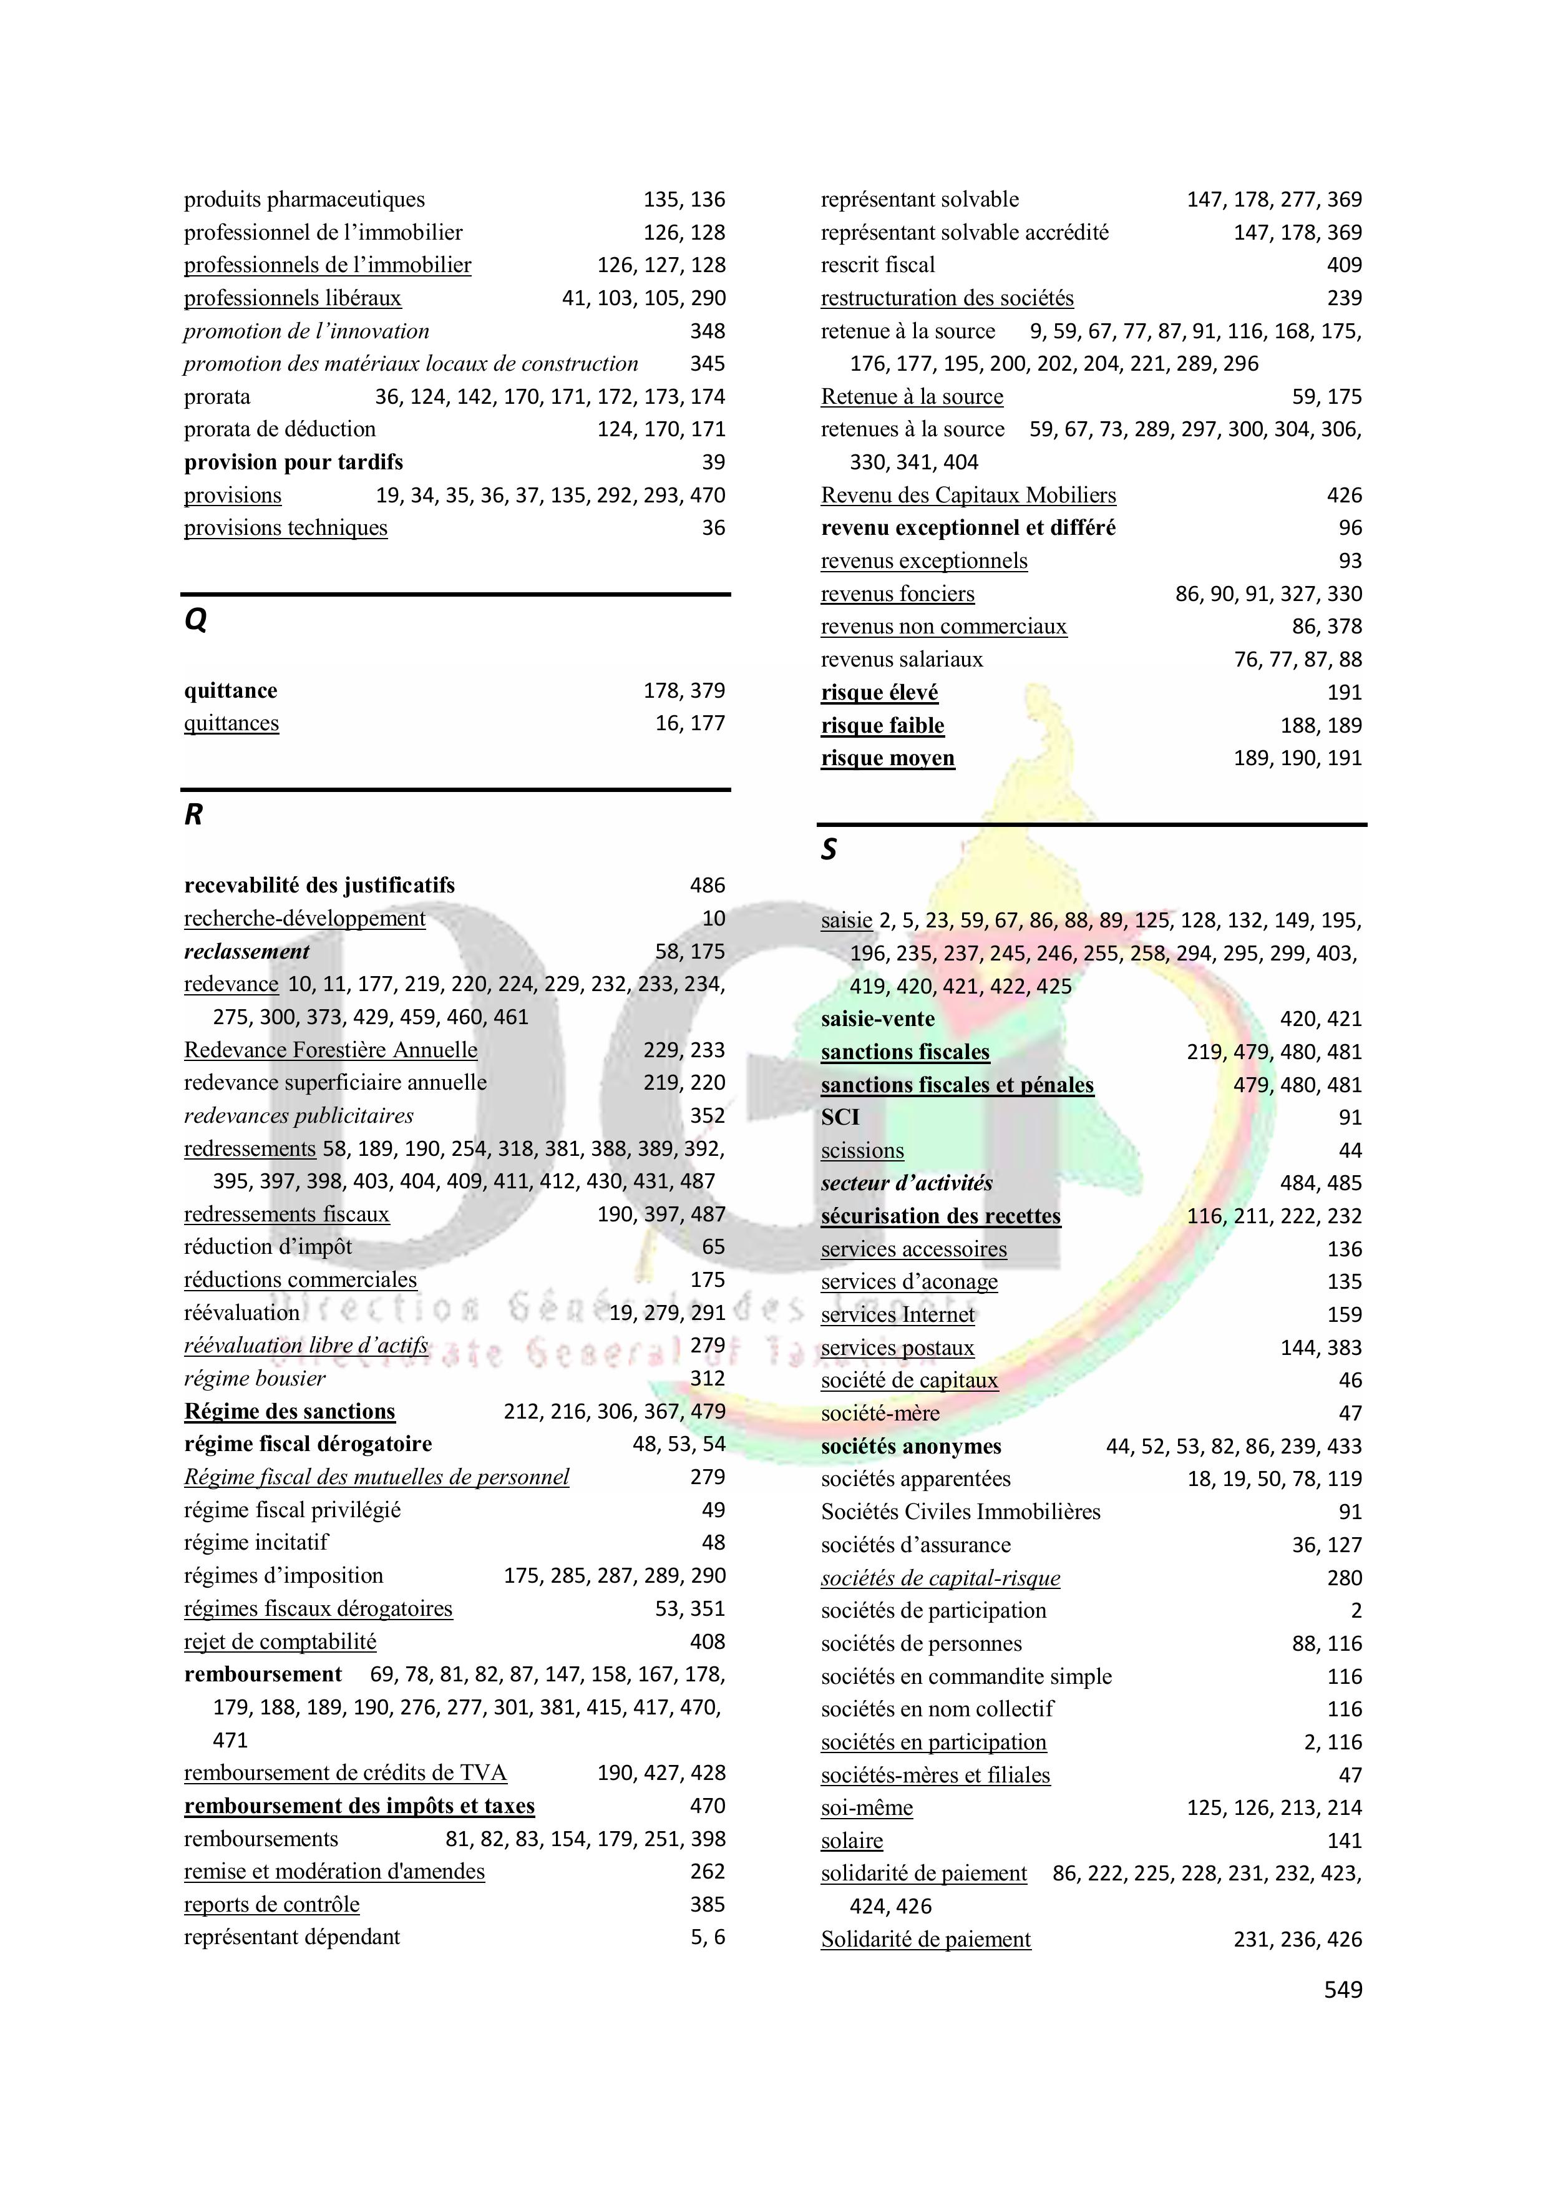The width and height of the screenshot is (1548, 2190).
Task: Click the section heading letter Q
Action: [195, 621]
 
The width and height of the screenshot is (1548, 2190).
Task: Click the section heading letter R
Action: [193, 814]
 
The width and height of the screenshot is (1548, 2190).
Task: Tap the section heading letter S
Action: [829, 849]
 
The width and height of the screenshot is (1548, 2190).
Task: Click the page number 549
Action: [1343, 1990]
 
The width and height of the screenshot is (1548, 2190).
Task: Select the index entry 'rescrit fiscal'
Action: [877, 265]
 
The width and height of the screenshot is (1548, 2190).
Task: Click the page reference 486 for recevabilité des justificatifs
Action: [707, 885]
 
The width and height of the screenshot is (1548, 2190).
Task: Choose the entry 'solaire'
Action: [852, 1841]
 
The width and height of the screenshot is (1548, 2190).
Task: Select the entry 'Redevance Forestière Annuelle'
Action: [330, 1050]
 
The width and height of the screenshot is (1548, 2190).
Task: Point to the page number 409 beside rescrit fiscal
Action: [1344, 265]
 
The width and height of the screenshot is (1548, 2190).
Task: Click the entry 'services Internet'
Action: [897, 1314]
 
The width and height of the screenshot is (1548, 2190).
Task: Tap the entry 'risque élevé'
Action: [879, 693]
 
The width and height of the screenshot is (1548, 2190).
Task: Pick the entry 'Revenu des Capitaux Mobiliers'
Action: [968, 495]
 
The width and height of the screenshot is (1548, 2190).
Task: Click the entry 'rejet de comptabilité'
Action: [280, 1641]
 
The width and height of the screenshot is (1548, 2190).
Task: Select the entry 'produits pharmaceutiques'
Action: [304, 199]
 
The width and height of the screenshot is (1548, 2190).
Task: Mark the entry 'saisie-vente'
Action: [877, 1019]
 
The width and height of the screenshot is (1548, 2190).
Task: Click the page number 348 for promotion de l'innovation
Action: [707, 331]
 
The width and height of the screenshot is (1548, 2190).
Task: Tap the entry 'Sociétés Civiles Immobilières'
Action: [960, 1512]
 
